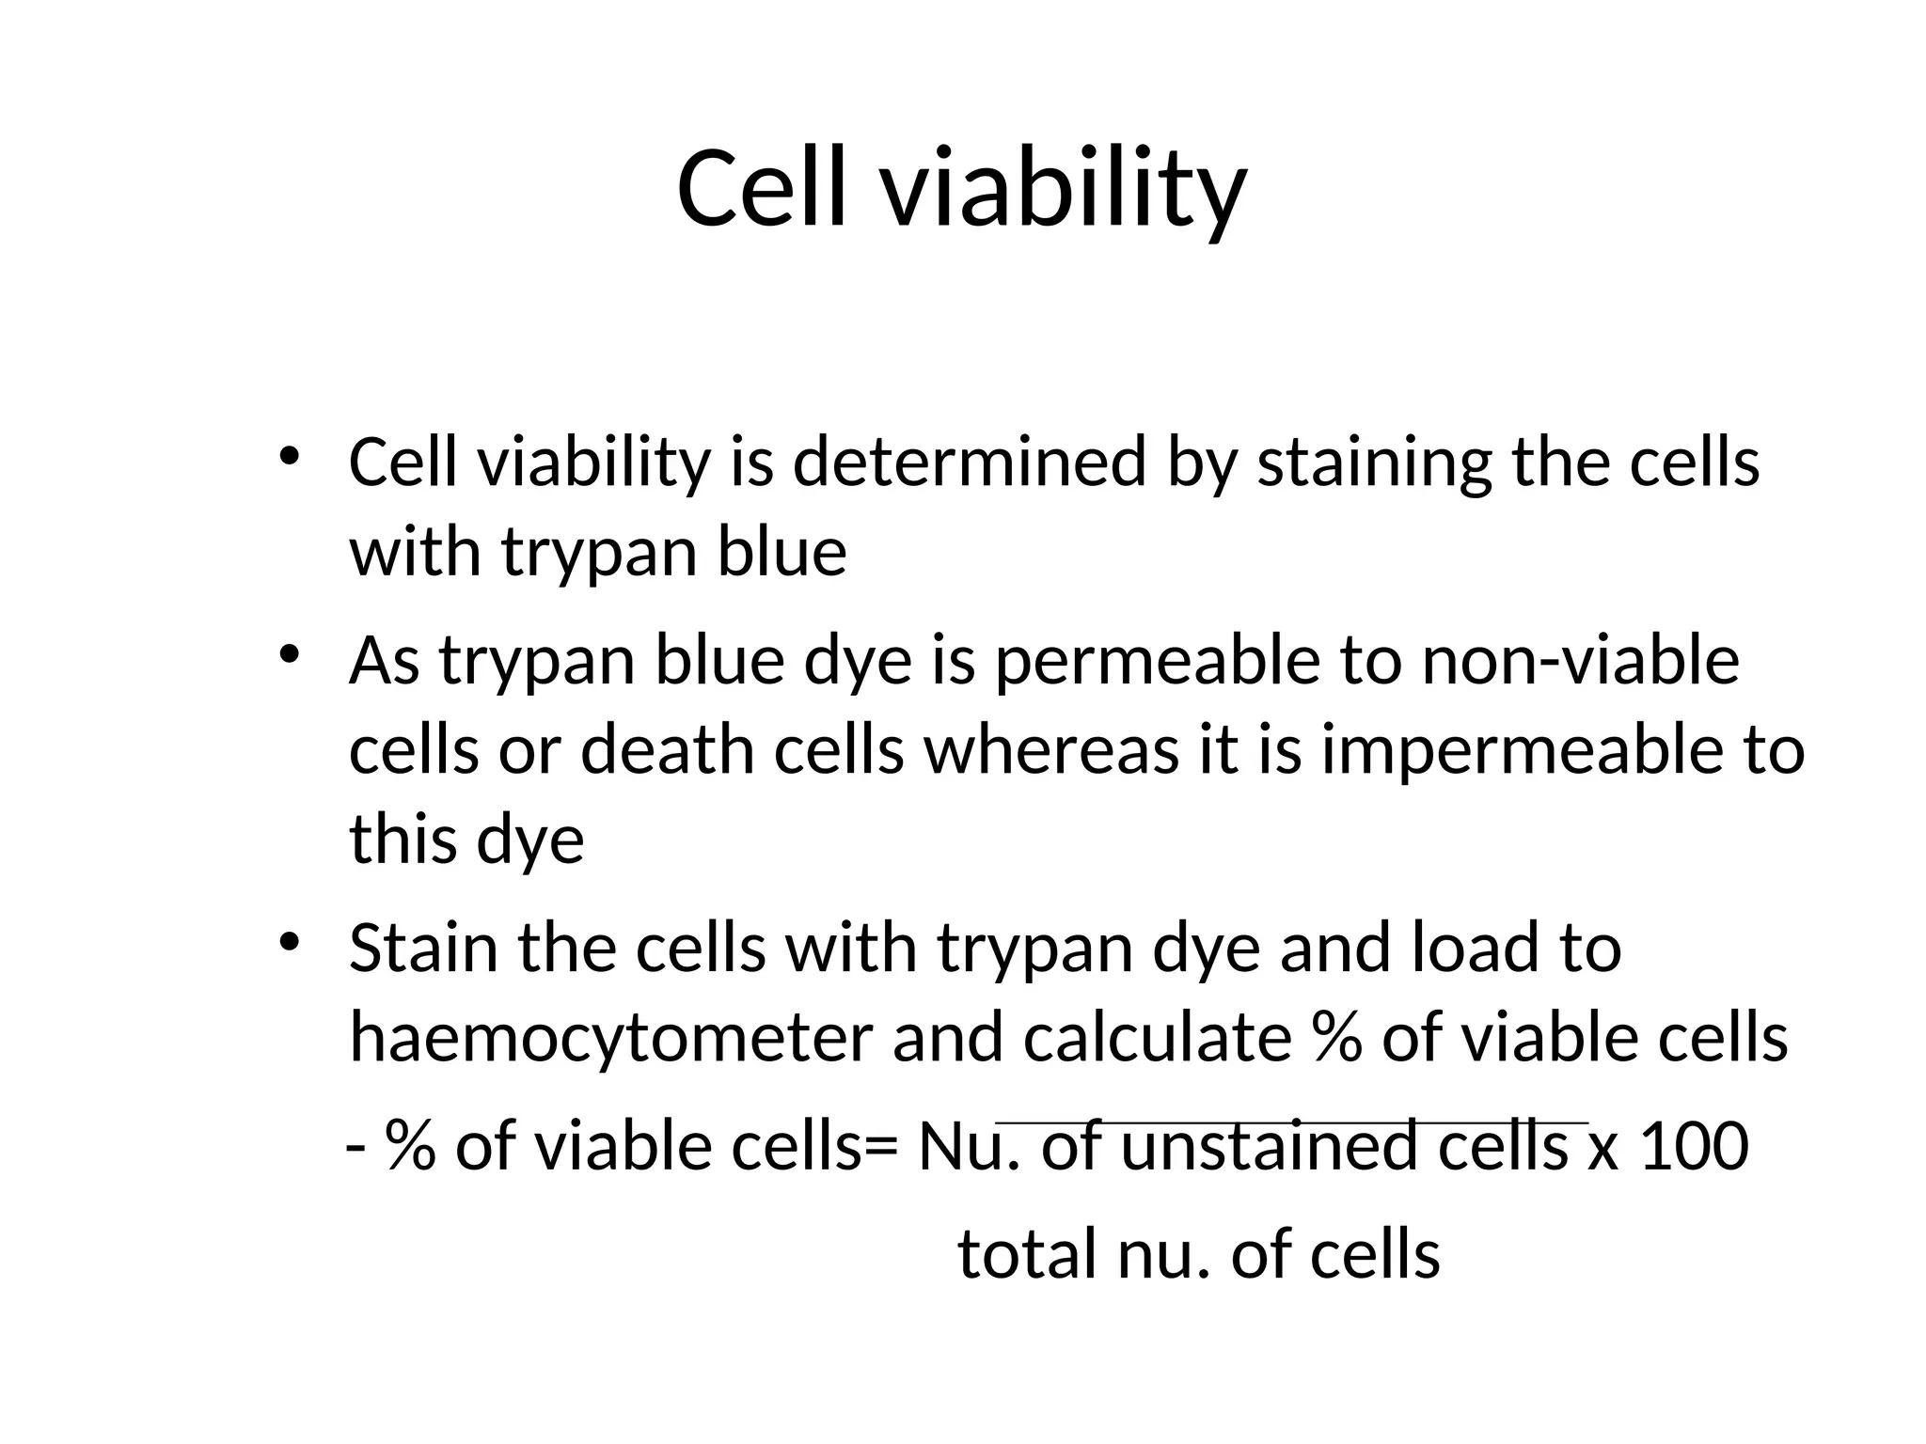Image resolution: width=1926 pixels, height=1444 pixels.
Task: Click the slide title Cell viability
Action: click(x=961, y=188)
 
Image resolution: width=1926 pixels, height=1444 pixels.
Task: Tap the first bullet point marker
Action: click(x=289, y=456)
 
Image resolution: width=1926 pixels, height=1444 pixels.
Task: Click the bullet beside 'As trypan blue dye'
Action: click(x=289, y=653)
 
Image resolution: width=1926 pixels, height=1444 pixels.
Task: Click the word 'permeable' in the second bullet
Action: click(x=1158, y=661)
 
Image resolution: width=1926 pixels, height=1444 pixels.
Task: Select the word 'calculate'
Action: click(x=1157, y=1038)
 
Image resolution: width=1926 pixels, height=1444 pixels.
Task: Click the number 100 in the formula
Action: click(x=1694, y=1148)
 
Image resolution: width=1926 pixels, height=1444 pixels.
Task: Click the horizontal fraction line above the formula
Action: click(x=1291, y=1122)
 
